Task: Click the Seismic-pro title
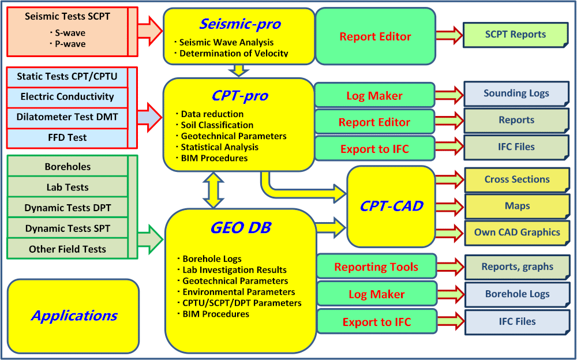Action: (240, 24)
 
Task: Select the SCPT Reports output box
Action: (515, 35)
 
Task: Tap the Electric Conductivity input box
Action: (67, 96)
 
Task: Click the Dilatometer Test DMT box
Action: (67, 117)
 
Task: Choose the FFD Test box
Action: (67, 138)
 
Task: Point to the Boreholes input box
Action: (68, 166)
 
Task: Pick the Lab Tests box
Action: (68, 187)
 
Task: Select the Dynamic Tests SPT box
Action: (68, 228)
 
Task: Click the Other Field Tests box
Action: (68, 249)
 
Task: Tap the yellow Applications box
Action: (74, 316)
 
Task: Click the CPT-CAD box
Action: (391, 206)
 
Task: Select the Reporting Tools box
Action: (376, 267)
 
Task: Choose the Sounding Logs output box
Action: (516, 93)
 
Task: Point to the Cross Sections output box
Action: (516, 179)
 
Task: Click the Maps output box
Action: (516, 206)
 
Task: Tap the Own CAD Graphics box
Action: (516, 232)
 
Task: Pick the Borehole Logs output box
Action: (516, 294)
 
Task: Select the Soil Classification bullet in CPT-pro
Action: (217, 125)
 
